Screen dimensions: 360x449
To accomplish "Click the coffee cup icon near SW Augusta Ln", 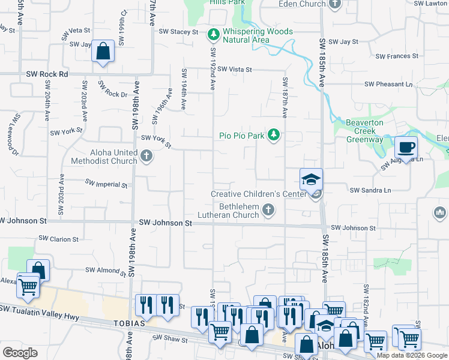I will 406,147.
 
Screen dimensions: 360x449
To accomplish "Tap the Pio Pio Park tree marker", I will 274,134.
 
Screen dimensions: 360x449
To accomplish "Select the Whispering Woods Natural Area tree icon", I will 212,35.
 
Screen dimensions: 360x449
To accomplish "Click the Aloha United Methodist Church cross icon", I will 146,157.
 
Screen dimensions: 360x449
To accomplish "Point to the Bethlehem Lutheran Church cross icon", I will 268,210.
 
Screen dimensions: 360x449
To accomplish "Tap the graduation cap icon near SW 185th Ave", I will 312,179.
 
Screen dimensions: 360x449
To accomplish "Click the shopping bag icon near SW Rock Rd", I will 103,51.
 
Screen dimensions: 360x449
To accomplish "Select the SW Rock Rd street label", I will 47,74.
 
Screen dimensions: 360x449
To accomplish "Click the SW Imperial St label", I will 106,183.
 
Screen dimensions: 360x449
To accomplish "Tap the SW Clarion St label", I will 56,239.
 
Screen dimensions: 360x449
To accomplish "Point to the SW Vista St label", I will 235,70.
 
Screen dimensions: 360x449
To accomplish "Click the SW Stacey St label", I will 178,31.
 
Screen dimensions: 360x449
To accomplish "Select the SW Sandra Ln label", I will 371,190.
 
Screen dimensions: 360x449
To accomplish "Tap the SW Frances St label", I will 397,56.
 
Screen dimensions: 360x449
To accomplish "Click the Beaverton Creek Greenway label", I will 364,131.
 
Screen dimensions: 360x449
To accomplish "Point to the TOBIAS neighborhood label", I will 128,323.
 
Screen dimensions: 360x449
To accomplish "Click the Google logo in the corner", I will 20,352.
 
